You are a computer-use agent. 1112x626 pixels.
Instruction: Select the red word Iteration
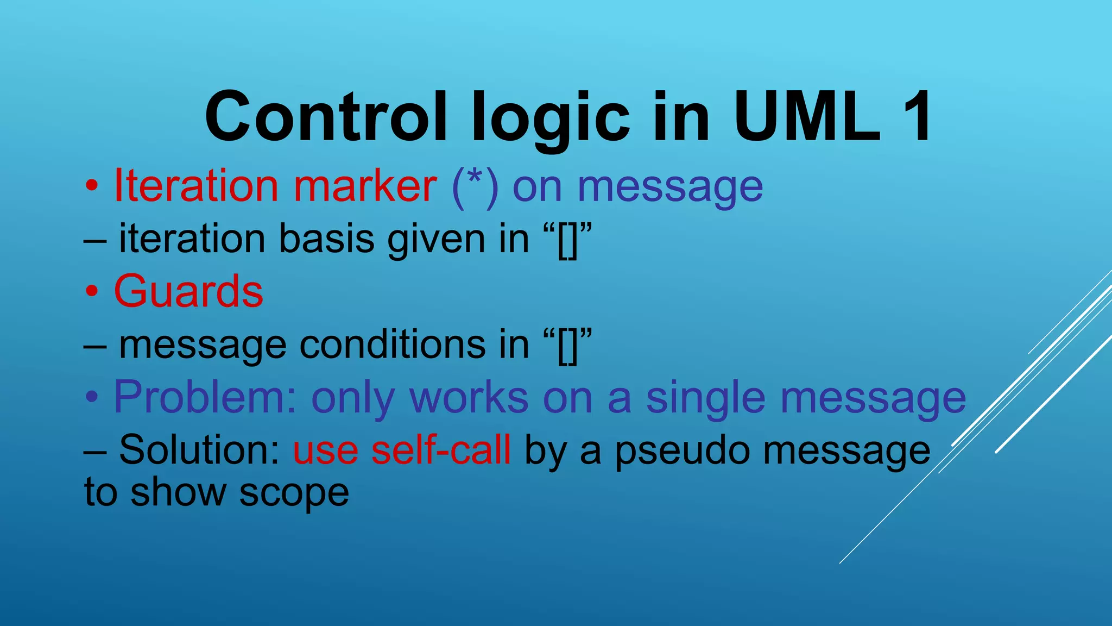[x=196, y=186]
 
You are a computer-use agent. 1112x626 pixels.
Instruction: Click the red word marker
[x=365, y=186]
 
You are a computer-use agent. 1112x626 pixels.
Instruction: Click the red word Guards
[x=188, y=291]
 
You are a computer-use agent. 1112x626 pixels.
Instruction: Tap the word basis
[x=326, y=239]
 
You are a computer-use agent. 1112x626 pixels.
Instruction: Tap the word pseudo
[x=682, y=451]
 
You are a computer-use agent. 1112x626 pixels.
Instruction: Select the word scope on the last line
[x=294, y=493]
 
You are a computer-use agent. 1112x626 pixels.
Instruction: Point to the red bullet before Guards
[x=92, y=292]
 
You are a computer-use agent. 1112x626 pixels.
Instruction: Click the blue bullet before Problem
[x=92, y=398]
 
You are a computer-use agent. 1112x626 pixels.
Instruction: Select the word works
[x=469, y=397]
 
